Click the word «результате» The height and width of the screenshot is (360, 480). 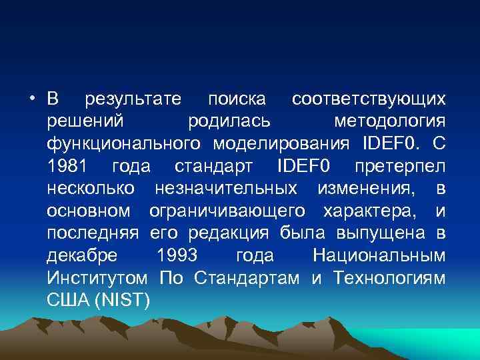tap(133, 100)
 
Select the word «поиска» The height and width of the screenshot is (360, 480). tap(237, 100)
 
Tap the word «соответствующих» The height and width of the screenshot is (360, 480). tap(369, 100)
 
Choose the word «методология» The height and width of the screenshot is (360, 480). tap(389, 122)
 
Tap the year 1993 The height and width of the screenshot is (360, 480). tap(177, 255)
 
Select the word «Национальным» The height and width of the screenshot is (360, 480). tap(379, 255)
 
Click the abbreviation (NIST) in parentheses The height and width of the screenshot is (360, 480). tap(123, 299)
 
